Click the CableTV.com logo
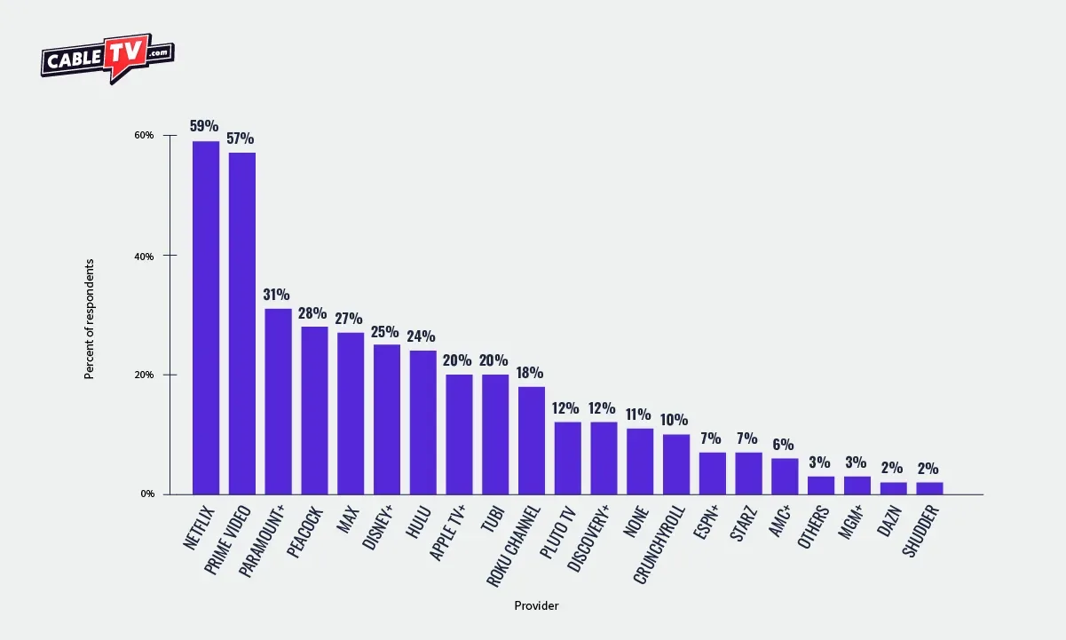click(107, 58)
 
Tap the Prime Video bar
click(242, 323)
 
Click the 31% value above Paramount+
click(278, 294)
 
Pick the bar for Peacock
click(314, 410)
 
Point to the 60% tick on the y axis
click(145, 136)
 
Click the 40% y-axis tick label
click(145, 257)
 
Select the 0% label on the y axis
click(147, 494)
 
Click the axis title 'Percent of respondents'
click(89, 319)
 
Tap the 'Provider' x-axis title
click(536, 605)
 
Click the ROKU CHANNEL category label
click(514, 545)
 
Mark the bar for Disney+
click(386, 419)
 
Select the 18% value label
click(531, 372)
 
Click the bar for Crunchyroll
click(676, 464)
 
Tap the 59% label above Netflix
click(205, 126)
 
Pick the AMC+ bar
click(785, 476)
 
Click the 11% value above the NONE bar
click(639, 415)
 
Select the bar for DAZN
click(893, 488)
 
